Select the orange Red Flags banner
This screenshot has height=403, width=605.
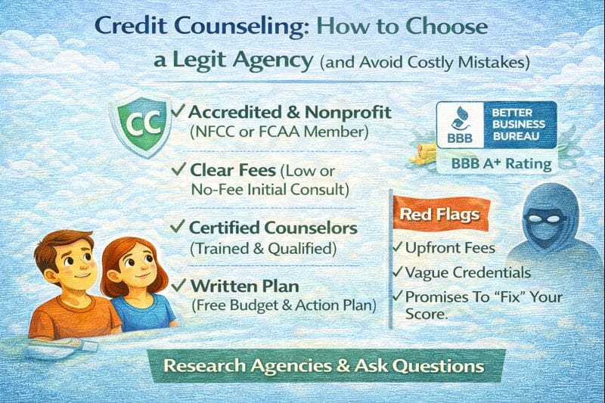tap(439, 215)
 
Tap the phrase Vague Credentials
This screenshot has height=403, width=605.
tap(467, 272)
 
